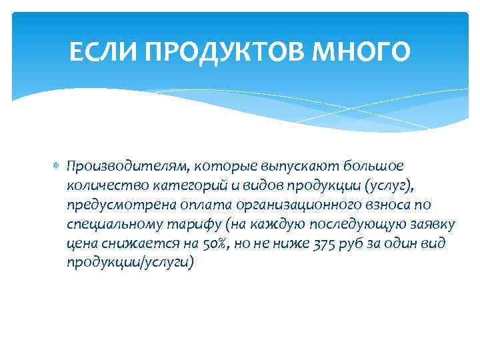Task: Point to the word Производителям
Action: (118, 165)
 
